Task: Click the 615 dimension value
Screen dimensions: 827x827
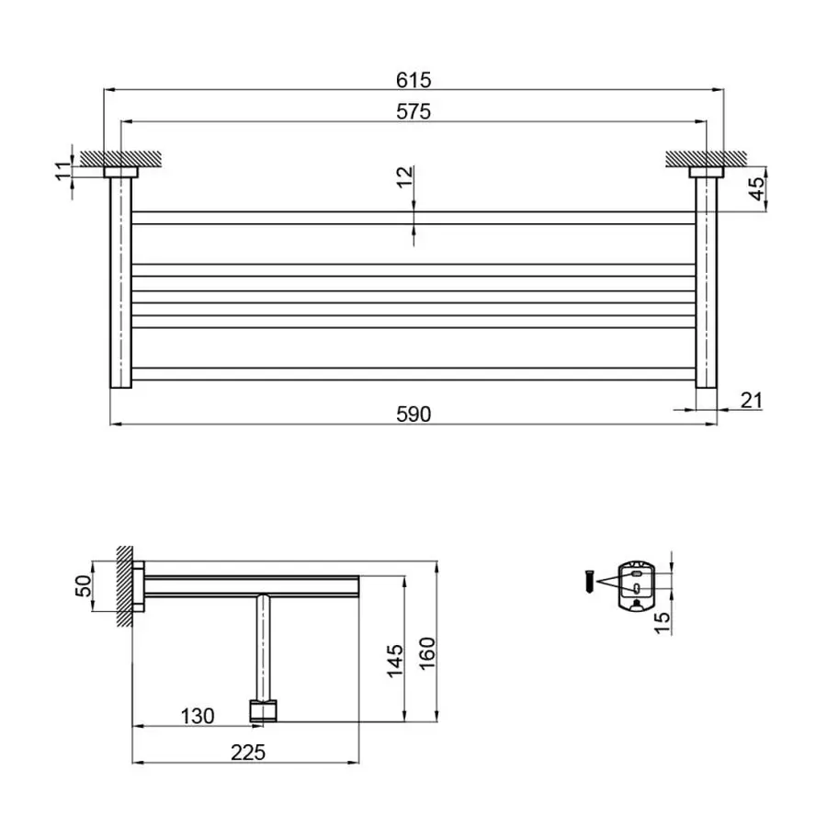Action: pos(413,80)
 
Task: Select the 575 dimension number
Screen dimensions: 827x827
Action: pos(413,111)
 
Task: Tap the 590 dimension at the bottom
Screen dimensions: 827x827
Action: pos(413,414)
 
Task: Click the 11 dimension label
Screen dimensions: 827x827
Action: pos(62,169)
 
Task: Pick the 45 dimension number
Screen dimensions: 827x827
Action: pos(755,189)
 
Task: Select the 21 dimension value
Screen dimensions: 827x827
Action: pos(750,400)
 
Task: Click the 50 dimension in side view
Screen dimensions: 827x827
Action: pos(82,584)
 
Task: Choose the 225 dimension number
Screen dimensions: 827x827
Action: pos(246,752)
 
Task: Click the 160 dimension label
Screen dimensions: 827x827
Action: pos(425,654)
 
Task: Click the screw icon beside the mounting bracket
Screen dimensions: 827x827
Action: pos(584,582)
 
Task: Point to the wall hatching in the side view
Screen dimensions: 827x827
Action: pos(124,585)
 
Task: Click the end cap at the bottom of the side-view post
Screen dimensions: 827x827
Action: pos(263,709)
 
